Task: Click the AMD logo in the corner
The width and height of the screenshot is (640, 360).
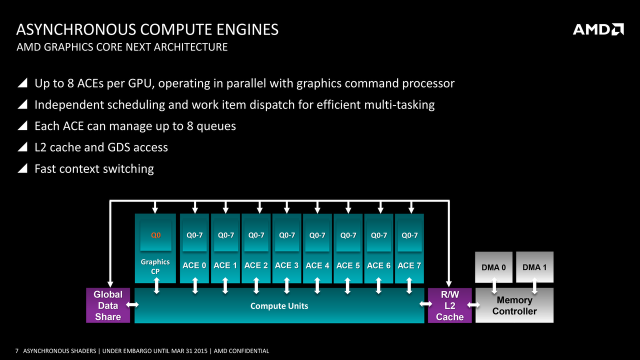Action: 598,29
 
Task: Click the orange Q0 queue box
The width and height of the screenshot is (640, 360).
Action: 155,235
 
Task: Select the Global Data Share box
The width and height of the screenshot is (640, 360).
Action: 108,305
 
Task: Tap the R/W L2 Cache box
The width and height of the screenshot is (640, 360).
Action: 449,305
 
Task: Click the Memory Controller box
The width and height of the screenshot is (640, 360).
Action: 514,305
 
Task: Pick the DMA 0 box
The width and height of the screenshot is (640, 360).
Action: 493,267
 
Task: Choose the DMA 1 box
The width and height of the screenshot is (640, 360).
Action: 534,267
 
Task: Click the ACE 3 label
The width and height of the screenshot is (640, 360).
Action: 286,265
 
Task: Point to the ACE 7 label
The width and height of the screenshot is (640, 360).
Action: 409,265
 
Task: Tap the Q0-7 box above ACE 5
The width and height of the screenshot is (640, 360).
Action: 348,235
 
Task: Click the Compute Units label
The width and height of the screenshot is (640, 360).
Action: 279,306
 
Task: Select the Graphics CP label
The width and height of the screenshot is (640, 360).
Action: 155,266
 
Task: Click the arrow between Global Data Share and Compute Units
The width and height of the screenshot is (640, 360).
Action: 132,305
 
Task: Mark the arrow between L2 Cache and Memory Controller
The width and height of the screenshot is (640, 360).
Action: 473,305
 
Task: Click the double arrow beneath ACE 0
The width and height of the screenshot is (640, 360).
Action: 195,285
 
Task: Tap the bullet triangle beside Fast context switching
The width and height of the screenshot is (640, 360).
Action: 22,168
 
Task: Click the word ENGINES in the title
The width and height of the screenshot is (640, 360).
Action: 247,29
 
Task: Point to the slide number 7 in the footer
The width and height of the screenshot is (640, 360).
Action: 17,351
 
